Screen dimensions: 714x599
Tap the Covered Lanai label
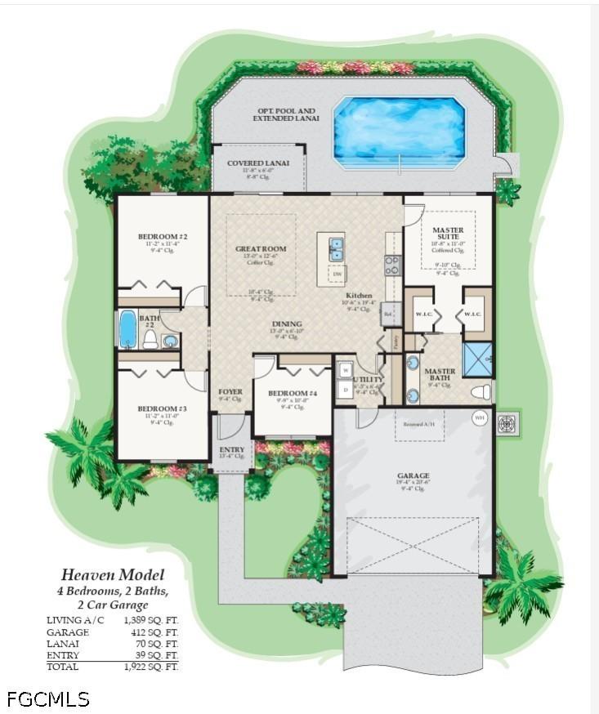257,163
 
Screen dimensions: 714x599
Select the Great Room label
260,249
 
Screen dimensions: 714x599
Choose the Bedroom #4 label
293,394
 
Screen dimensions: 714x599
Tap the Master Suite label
447,234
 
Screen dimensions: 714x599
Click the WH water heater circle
480,417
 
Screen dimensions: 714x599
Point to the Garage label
413,475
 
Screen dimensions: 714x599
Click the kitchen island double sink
336,248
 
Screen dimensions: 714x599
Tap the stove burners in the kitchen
392,265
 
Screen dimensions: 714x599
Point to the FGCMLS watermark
48,698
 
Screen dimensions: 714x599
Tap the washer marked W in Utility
345,369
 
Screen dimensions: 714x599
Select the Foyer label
230,392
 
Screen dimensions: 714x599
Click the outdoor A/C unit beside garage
508,424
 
